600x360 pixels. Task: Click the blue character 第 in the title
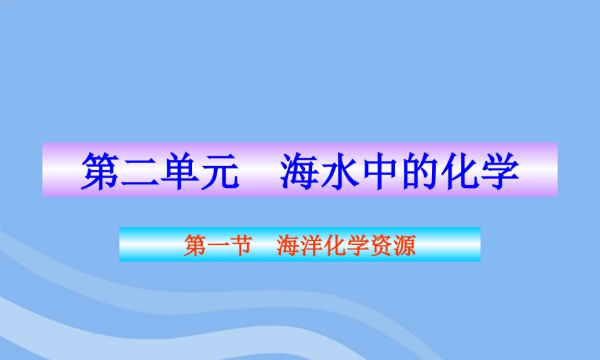(x=100, y=171)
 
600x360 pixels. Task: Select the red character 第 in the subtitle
(x=193, y=245)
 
